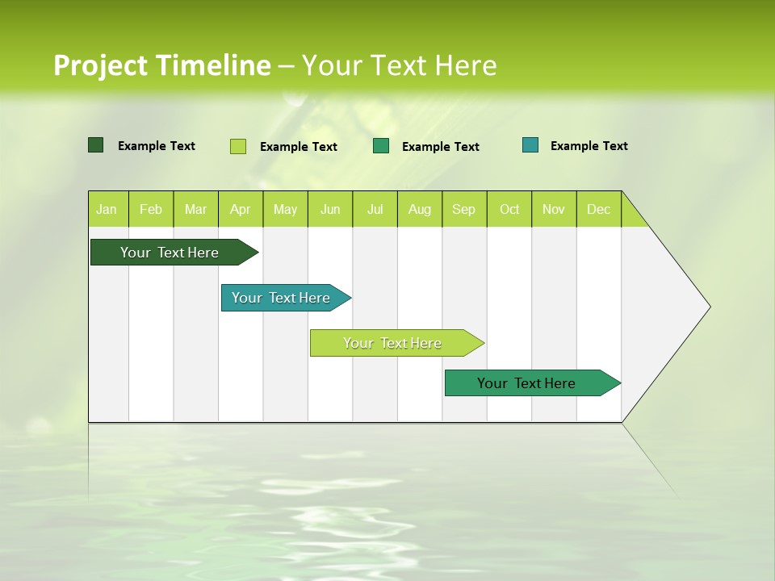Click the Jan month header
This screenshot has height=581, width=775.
[x=107, y=209]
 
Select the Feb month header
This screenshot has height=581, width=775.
[x=151, y=209]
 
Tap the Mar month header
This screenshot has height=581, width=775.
[x=195, y=209]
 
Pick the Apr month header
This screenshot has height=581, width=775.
[x=241, y=209]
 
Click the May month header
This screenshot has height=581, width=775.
[x=285, y=209]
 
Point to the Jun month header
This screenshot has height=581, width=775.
[x=330, y=209]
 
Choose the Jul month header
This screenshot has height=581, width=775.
[x=375, y=209]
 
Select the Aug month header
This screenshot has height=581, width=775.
[x=420, y=209]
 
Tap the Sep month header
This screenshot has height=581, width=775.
[x=464, y=209]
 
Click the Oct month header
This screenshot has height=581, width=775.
[x=509, y=209]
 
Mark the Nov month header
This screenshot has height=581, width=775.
[x=554, y=209]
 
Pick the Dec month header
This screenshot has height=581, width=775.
[x=599, y=209]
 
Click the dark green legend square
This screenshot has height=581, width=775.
[x=96, y=145]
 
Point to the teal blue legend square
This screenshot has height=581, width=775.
[x=530, y=145]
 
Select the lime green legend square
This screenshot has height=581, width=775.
[x=238, y=146]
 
